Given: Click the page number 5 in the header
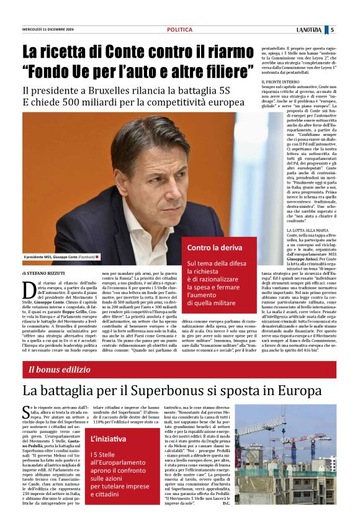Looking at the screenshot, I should pyautogui.click(x=332, y=30).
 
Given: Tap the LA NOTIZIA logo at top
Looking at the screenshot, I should pyautogui.click(x=309, y=30).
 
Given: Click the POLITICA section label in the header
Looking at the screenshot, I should pyautogui.click(x=179, y=30).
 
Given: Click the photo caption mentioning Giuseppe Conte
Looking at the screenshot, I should pyautogui.click(x=60, y=257).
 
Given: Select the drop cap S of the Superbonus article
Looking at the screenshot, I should pyautogui.click(x=26, y=411).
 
